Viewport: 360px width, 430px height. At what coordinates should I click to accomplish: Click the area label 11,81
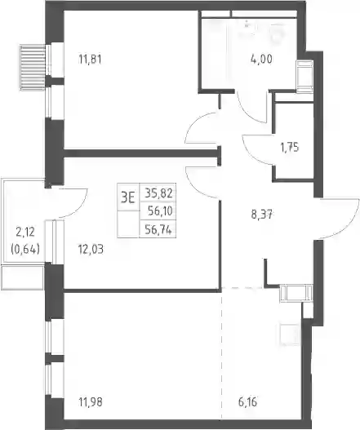[x=90, y=60]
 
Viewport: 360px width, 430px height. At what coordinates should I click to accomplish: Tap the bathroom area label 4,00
[x=261, y=59]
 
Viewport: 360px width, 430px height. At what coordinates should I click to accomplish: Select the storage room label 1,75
[x=290, y=147]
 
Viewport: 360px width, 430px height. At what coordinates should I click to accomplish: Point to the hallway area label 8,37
[x=261, y=215]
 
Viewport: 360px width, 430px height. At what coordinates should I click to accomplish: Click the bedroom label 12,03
[x=91, y=250]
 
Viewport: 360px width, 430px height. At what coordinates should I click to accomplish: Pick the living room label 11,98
[x=91, y=402]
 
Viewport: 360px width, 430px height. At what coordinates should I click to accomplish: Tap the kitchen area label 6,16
[x=247, y=402]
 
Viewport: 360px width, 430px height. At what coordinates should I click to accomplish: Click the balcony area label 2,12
[x=25, y=233]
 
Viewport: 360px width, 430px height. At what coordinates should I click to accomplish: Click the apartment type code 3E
[x=128, y=197]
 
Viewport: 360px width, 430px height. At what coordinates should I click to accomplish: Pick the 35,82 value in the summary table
[x=158, y=193]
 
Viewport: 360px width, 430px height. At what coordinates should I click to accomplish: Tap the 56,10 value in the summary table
[x=160, y=211]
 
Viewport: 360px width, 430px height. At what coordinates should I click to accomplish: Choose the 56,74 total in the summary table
[x=158, y=230]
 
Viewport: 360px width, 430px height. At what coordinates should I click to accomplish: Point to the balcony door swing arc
[x=79, y=207]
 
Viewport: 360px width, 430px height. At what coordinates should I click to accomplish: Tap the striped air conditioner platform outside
[x=33, y=68]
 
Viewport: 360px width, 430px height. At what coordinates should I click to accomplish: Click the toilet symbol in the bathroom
[x=277, y=33]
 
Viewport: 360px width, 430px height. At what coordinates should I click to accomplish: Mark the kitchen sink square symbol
[x=290, y=335]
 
